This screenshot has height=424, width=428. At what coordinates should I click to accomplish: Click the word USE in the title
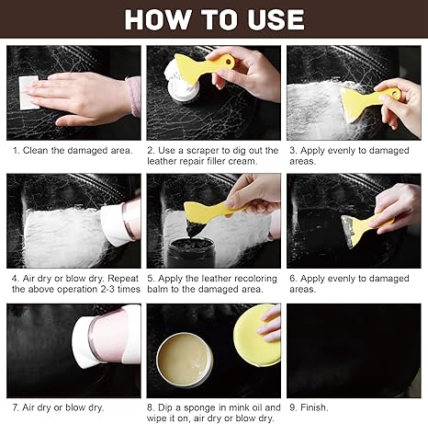276,19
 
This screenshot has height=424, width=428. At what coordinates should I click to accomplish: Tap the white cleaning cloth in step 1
28,93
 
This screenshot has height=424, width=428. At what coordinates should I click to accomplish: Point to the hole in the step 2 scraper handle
229,62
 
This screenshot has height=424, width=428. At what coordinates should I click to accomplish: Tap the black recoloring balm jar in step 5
191,252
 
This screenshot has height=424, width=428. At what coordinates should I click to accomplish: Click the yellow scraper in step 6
365,228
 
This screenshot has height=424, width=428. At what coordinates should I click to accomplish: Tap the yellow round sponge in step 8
256,335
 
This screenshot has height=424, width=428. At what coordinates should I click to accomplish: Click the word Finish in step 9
314,407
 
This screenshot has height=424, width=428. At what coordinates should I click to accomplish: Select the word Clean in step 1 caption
36,150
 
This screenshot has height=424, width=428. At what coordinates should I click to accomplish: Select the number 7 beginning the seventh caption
16,407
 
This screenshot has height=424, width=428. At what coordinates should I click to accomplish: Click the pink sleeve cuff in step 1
133,96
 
